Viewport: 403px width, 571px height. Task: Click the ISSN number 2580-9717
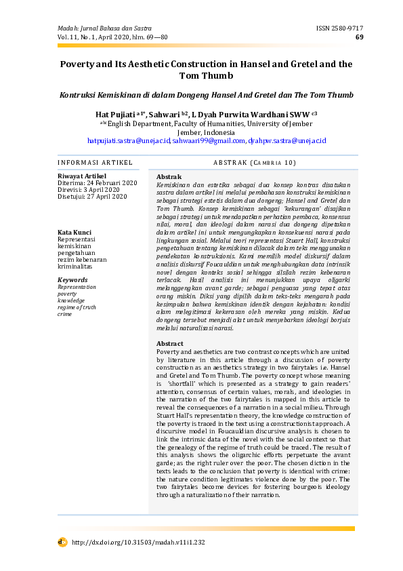tap(339, 28)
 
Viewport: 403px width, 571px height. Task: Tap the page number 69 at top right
tap(359, 37)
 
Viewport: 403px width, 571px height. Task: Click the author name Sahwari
tap(166, 115)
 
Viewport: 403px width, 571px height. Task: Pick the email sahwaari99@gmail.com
tap(208, 140)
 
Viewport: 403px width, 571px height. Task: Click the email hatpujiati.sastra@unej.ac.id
tap(129, 140)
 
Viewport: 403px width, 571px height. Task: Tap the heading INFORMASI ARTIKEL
tap(88, 163)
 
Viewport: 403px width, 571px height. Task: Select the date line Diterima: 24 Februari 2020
tap(98, 183)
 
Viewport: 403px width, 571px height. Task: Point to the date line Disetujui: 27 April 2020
tap(93, 197)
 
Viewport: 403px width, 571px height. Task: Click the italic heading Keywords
tap(73, 279)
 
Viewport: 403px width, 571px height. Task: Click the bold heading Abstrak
tap(169, 176)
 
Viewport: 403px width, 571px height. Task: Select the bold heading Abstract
tap(170, 343)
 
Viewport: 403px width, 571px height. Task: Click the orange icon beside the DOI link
tap(62, 542)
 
